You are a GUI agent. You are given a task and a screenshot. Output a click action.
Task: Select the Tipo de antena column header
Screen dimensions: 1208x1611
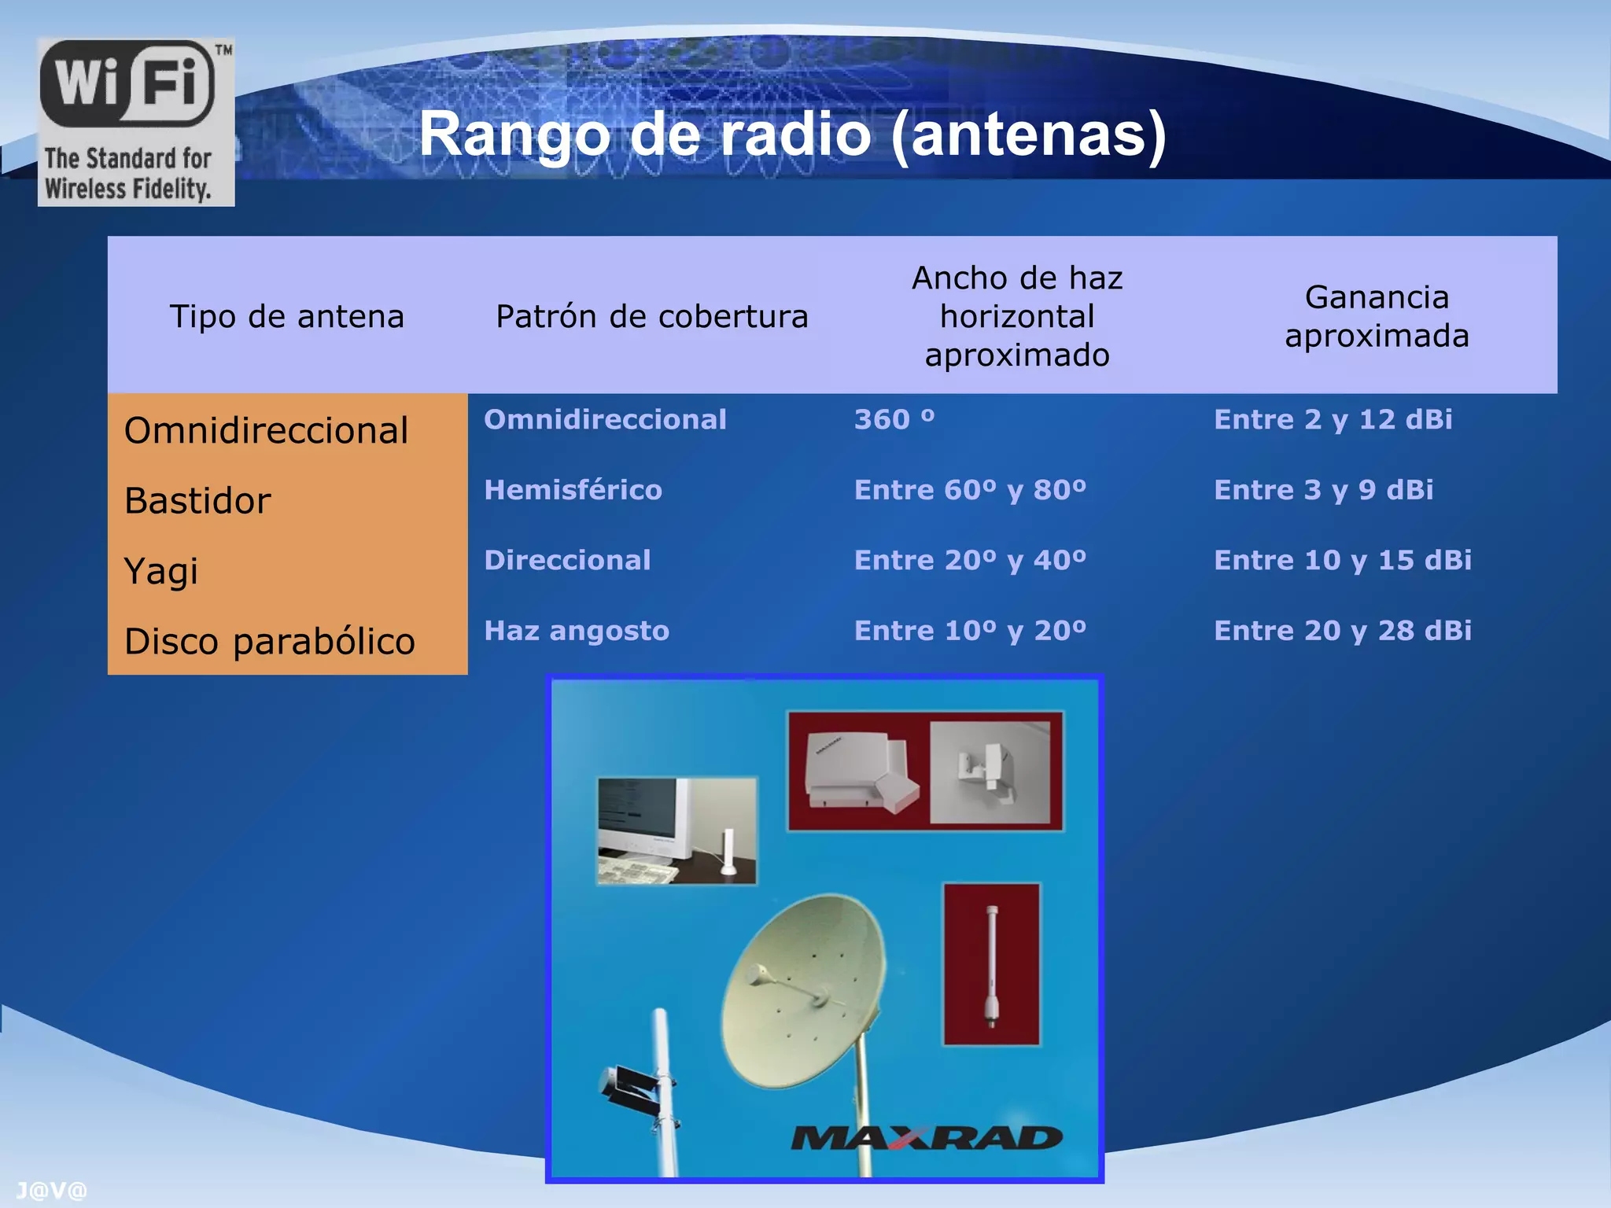287,316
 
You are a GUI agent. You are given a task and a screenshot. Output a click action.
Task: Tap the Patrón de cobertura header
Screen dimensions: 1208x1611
652,316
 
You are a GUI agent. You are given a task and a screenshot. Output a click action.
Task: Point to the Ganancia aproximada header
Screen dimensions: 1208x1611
1377,316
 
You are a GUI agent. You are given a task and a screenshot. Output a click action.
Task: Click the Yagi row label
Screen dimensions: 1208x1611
161,571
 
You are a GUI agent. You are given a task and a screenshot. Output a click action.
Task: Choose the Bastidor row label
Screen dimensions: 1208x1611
197,501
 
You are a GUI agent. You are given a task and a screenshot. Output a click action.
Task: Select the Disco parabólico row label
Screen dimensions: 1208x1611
269,641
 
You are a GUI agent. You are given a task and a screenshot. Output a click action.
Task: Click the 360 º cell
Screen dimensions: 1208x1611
894,419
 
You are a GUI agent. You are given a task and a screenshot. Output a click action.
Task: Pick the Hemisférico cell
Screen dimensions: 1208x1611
573,490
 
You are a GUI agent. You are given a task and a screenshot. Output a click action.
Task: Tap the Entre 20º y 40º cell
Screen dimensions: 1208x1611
970,560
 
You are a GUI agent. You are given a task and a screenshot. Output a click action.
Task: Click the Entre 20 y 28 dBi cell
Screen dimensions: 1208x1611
1342,631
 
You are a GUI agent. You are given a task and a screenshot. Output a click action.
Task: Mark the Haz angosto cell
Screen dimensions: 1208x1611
577,631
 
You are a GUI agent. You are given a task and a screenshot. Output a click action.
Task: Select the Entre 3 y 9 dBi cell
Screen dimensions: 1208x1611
1323,490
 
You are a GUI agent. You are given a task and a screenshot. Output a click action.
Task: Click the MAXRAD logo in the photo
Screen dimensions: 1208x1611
926,1138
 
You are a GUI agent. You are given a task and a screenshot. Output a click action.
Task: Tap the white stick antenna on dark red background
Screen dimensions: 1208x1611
992,966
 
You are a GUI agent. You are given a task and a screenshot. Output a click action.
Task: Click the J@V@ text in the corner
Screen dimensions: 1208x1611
51,1191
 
